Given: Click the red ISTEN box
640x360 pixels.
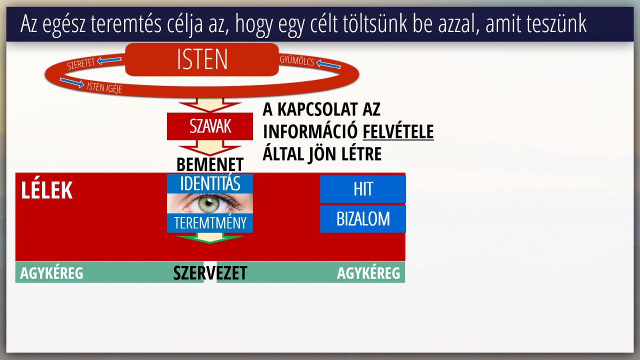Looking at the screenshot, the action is click(202, 59).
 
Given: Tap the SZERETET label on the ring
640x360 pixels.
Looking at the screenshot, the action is click(81, 63).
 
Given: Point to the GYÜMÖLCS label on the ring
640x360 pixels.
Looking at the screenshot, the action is click(297, 60).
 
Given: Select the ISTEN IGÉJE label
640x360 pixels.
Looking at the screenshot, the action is click(104, 87).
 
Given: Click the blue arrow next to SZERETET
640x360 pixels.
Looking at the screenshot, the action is click(109, 60).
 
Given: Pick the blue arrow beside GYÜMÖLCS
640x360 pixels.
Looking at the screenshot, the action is click(328, 64).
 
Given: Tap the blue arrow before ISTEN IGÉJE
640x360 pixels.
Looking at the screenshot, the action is click(71, 82).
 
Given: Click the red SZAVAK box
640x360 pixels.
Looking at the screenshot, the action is click(210, 126).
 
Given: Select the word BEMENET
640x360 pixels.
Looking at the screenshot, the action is click(210, 164).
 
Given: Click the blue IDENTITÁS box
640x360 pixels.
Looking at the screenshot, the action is click(210, 183).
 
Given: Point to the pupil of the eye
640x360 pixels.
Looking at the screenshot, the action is click(209, 203).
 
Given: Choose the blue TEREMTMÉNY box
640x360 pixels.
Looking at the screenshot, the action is click(210, 223).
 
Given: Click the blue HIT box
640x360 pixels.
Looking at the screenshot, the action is click(363, 189).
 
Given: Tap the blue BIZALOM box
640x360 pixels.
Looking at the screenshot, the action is click(363, 219).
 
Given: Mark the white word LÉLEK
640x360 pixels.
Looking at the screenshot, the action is click(46, 190).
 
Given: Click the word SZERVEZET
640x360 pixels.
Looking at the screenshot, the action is click(210, 273).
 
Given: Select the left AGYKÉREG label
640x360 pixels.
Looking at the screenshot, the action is click(51, 273).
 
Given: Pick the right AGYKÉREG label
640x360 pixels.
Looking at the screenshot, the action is click(368, 273).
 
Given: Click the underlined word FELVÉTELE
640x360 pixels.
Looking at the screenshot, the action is click(398, 131).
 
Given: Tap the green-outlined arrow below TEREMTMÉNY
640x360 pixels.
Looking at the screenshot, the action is click(210, 238).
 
